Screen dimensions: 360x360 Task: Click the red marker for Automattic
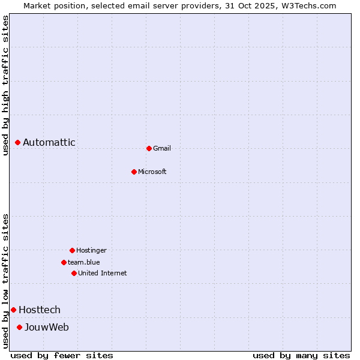coord(18,143)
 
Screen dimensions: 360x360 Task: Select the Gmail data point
coord(149,148)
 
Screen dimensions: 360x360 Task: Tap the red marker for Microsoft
coord(134,172)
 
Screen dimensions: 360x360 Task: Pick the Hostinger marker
coord(72,250)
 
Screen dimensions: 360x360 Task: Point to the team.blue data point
coord(64,262)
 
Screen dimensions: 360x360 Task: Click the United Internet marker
coord(74,273)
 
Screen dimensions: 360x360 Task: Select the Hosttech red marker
coord(13,310)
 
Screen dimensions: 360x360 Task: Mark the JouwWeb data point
coord(19,327)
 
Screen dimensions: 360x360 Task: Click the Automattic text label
coord(49,143)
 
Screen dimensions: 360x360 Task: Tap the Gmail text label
coord(162,148)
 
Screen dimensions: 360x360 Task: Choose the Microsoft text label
coord(152,172)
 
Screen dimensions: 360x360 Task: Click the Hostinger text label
coord(91,250)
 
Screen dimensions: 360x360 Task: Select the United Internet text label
coord(103,273)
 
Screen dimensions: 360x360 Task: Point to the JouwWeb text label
coord(47,327)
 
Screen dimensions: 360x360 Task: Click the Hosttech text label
coord(40,310)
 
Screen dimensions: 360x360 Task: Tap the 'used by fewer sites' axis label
coord(62,355)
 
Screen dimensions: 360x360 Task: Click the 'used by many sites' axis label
coord(301,355)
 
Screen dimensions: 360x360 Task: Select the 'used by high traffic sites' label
coord(5,85)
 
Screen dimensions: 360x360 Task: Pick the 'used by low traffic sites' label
coord(5,281)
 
